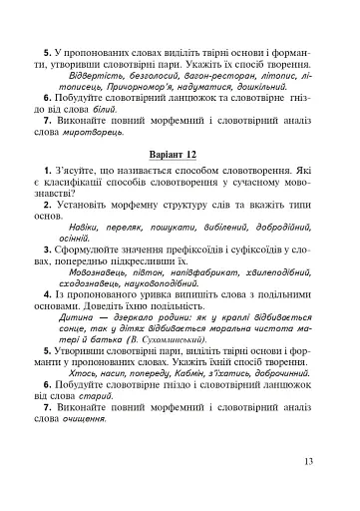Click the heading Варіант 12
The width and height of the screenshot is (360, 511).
(x=180, y=157)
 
